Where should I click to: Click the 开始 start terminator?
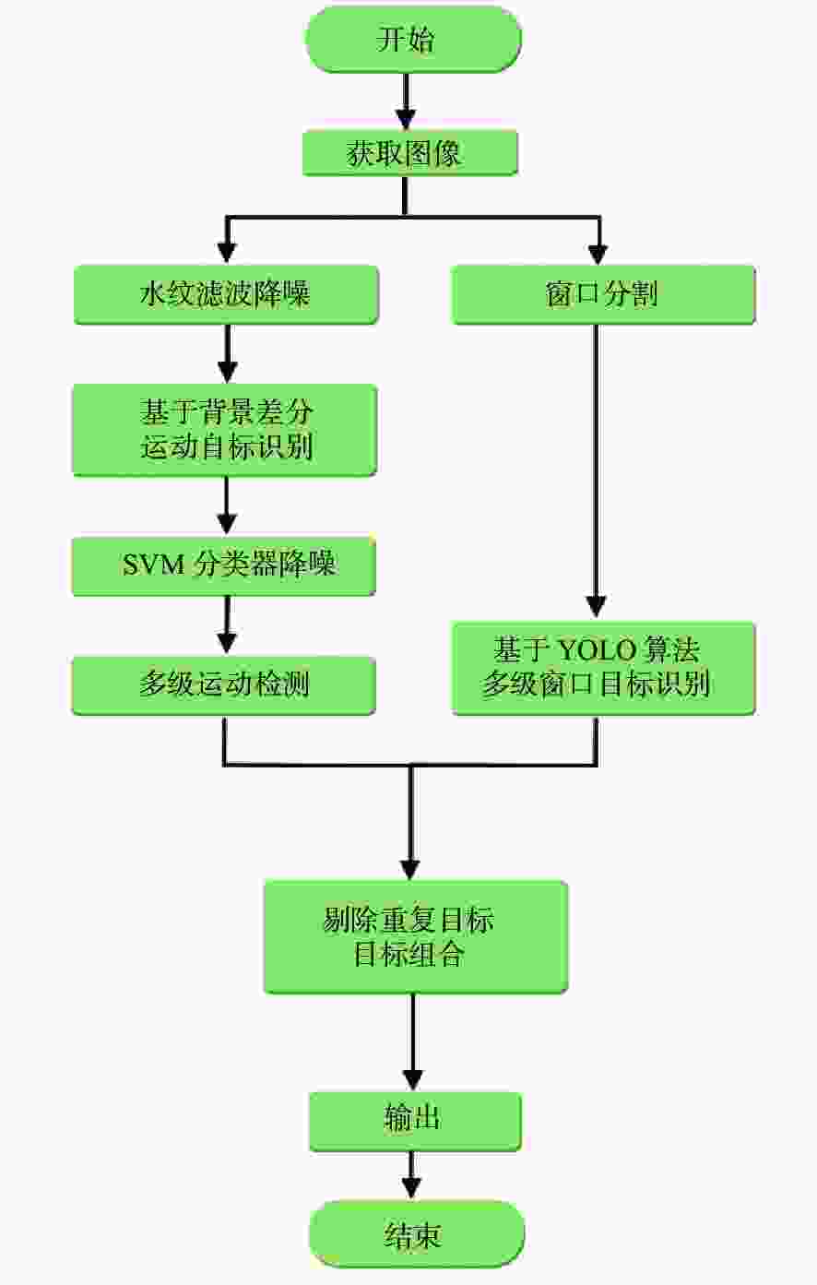point(413,39)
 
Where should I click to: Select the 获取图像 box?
point(410,153)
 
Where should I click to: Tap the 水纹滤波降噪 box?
point(226,294)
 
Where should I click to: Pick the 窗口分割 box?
point(603,294)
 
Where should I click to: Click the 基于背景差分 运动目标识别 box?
point(225,430)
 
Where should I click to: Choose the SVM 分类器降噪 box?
point(223,566)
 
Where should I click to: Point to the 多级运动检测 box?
point(223,685)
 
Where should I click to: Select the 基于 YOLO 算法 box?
point(603,668)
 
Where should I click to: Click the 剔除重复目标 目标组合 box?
point(416,937)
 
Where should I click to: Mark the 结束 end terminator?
point(416,1234)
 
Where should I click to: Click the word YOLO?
point(596,650)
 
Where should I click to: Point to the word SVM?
point(153,565)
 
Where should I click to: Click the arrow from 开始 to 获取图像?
point(406,102)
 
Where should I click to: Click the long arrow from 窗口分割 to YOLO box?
point(597,471)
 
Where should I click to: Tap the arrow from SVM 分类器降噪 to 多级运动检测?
point(227,625)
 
